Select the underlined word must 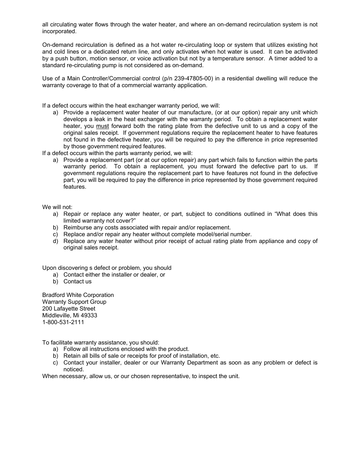(x=102, y=126)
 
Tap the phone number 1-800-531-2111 (x=63, y=322)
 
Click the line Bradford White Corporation (x=78, y=295)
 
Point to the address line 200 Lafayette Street (x=69, y=309)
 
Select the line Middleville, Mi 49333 (x=69, y=315)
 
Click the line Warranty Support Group (x=74, y=302)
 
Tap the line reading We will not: (x=57, y=207)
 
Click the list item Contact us (x=77, y=281)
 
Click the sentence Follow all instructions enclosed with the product (x=126, y=349)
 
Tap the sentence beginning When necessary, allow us (x=141, y=376)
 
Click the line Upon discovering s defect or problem (x=106, y=268)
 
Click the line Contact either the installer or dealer (x=114, y=275)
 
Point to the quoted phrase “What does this (x=296, y=214)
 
